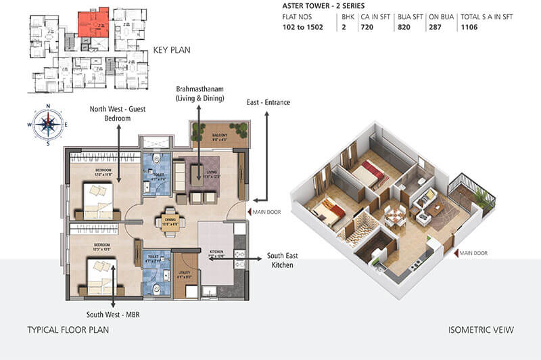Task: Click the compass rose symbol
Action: tap(48, 124)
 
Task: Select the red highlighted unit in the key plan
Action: tap(92, 23)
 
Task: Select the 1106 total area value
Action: tap(470, 28)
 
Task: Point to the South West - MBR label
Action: tap(113, 315)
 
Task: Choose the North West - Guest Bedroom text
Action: tap(119, 113)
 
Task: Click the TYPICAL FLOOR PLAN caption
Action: tap(68, 331)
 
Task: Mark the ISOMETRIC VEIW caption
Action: tap(481, 331)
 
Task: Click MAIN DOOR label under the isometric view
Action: tap(475, 253)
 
